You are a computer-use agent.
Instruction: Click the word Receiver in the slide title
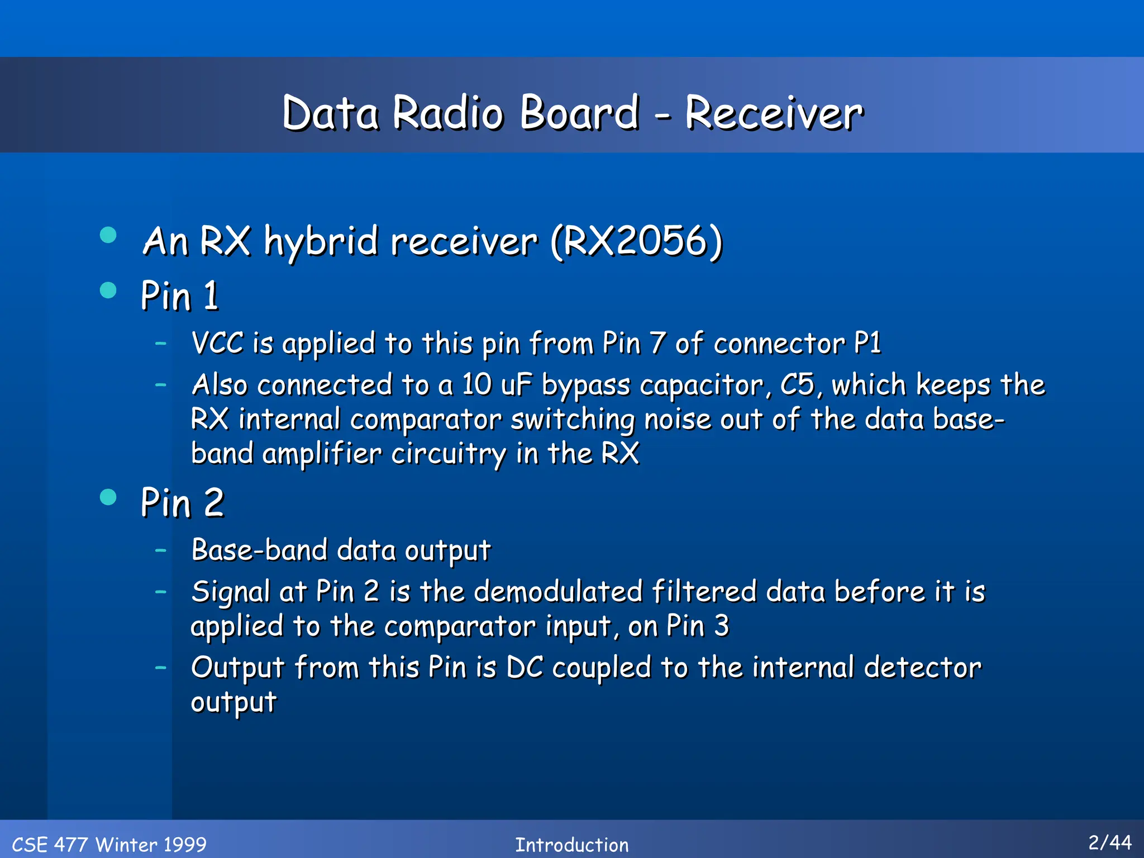774,113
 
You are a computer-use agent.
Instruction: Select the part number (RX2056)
636,241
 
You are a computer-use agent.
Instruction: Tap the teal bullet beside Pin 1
108,290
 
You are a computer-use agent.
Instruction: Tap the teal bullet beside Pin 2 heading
108,497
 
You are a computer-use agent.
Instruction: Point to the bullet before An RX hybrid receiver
108,235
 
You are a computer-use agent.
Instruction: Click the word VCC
217,343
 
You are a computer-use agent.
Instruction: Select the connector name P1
867,343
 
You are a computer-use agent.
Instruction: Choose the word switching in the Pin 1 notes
572,420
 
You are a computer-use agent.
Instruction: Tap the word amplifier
322,454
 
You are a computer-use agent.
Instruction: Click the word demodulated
558,592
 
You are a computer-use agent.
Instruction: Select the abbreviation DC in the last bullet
525,668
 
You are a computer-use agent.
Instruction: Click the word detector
922,668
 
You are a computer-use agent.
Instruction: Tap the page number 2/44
1109,842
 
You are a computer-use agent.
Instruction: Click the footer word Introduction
571,845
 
